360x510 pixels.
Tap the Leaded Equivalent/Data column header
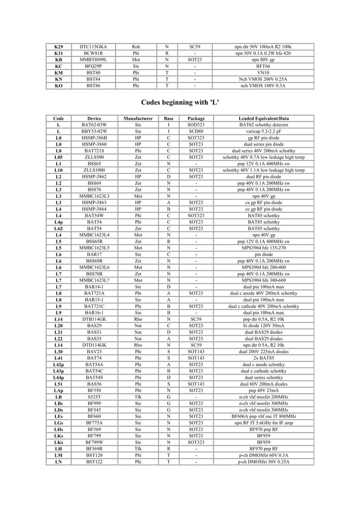point(264,119)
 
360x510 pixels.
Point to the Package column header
point(195,119)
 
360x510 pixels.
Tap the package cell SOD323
point(195,125)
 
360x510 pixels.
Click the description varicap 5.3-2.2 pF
point(264,132)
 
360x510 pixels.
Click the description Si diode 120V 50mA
point(264,325)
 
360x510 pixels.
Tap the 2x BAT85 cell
point(264,358)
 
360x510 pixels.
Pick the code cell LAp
point(58,390)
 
